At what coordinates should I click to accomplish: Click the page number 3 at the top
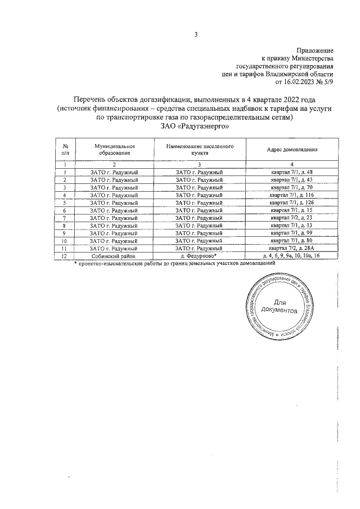pos(196,34)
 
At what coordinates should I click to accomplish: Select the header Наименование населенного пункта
pos(199,150)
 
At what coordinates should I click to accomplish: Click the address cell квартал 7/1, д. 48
pos(292,172)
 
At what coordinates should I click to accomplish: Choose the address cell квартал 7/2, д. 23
pos(292,218)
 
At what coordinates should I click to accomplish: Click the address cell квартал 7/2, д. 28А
pos(292,248)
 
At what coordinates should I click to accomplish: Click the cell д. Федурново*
pos(199,256)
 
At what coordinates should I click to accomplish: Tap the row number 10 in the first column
pos(65,241)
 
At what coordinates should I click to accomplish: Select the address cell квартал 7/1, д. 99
pos(292,233)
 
